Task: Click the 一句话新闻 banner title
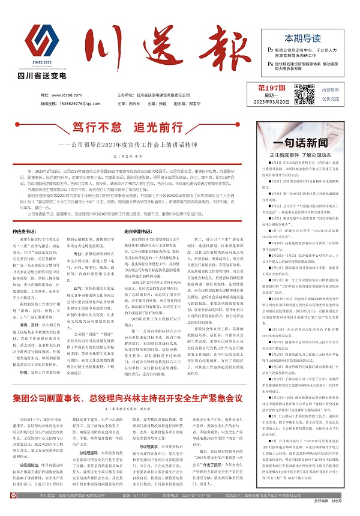(x=306, y=143)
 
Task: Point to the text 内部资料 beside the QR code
(x=332, y=89)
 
